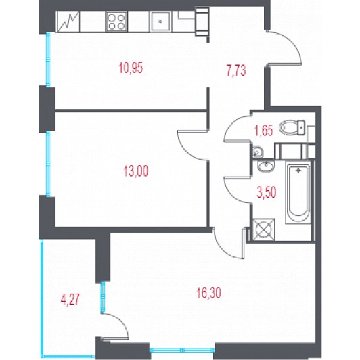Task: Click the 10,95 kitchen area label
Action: tap(131, 68)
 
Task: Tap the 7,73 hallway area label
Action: tap(236, 70)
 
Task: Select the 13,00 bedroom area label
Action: tap(136, 171)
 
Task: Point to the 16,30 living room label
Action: tap(208, 293)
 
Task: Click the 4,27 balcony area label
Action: tap(70, 300)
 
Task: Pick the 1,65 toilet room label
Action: tap(264, 131)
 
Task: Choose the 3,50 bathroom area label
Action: tap(267, 192)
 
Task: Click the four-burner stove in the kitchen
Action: tap(116, 22)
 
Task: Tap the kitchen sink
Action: tap(160, 22)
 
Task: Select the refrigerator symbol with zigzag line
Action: tap(68, 22)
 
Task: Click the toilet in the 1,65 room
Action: tap(292, 128)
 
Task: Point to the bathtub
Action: tap(298, 192)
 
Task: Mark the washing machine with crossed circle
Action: tap(264, 229)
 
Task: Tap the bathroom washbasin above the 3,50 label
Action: tap(266, 166)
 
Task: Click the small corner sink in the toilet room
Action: tap(258, 152)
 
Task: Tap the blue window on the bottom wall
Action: tap(182, 350)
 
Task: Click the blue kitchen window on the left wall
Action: tap(48, 60)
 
